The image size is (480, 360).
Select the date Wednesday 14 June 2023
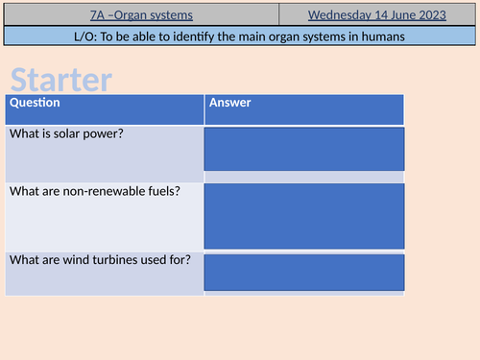[378, 14]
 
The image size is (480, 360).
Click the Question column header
[35, 103]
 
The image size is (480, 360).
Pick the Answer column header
[230, 103]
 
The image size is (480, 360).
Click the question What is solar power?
[66, 133]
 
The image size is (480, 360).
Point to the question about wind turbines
[100, 259]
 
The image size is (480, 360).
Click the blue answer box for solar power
[303, 150]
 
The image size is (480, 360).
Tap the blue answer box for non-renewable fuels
[303, 215]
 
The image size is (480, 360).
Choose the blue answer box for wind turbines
[303, 274]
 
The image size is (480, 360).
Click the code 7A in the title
[95, 14]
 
